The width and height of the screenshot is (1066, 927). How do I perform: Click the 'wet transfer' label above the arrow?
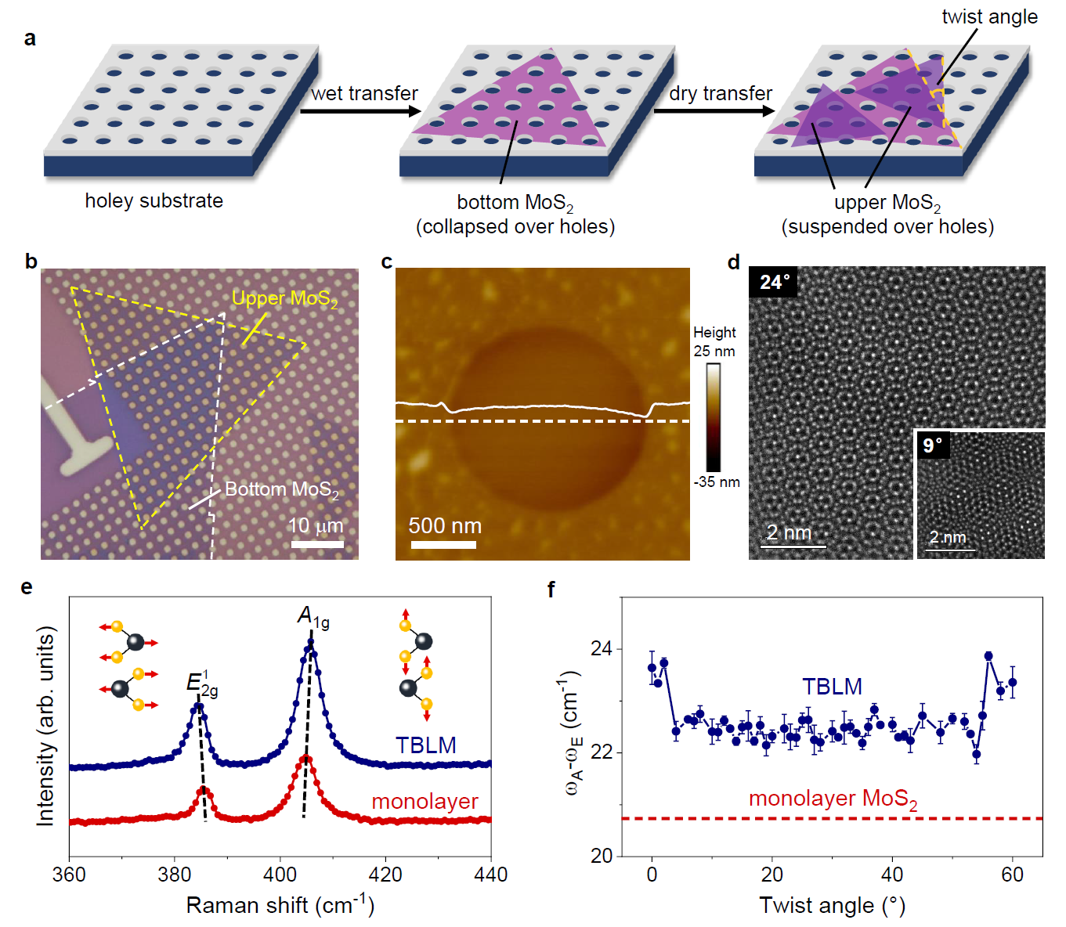point(364,93)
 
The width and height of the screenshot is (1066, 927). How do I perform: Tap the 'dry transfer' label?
point(721,93)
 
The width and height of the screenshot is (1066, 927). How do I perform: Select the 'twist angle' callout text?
point(989,17)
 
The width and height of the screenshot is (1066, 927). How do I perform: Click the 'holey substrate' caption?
point(154,201)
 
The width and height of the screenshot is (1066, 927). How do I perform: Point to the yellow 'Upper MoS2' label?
point(284,299)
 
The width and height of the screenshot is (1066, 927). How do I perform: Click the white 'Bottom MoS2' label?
point(281,490)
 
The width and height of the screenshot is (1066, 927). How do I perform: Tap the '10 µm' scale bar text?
point(316,525)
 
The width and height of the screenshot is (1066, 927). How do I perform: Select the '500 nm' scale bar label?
point(444,526)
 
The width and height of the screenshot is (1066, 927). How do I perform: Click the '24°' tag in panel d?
point(774,283)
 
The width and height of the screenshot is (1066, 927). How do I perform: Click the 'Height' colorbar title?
point(714,332)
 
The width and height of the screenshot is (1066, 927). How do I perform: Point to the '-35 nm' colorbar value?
point(716,482)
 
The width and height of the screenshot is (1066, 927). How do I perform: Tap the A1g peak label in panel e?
point(313,617)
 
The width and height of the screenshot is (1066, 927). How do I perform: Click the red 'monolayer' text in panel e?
point(425,802)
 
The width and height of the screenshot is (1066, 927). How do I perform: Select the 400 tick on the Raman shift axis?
point(280,875)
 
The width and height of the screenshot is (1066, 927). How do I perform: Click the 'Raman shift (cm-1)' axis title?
point(280,905)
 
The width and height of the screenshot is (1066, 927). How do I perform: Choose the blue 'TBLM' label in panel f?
point(831,687)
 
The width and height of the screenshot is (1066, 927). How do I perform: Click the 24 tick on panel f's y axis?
point(602,649)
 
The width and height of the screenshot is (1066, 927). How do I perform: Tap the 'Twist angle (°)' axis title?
point(832,905)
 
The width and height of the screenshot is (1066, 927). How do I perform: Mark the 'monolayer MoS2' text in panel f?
point(833,799)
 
